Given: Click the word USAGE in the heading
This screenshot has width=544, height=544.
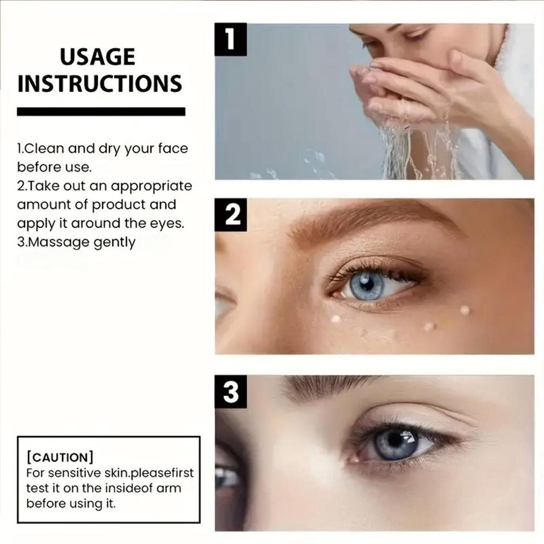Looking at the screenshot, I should pyautogui.click(x=97, y=57).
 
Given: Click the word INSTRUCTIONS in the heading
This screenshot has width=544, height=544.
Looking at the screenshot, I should pyautogui.click(x=100, y=84).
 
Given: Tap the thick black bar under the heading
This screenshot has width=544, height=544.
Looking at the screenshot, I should pyautogui.click(x=101, y=112).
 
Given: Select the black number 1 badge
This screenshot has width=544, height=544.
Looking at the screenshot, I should pyautogui.click(x=230, y=40).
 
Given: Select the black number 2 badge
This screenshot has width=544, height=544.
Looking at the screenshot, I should pyautogui.click(x=230, y=215).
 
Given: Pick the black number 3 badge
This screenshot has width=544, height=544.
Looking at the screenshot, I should pyautogui.click(x=230, y=392).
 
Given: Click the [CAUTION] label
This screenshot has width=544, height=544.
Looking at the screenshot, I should pyautogui.click(x=59, y=457).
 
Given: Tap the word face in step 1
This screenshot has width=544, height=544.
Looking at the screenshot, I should pyautogui.click(x=173, y=148).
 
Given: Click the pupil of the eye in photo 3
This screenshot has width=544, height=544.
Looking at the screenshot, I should pyautogui.click(x=395, y=440).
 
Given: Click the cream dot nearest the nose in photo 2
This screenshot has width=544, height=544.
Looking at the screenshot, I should pyautogui.click(x=336, y=319).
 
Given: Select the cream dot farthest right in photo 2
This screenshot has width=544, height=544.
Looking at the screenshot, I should pyautogui.click(x=465, y=310).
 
